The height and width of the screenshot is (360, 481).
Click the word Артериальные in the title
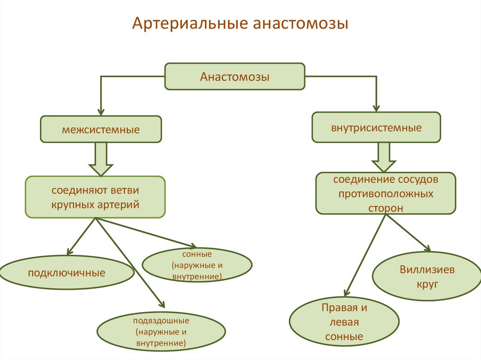[190, 24]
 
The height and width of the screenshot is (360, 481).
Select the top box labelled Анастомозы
[235, 76]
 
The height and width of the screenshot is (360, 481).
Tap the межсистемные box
[101, 129]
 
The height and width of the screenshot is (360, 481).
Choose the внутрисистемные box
[376, 127]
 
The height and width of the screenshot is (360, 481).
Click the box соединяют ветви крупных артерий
[95, 197]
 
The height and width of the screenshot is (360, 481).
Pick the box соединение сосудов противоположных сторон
[386, 193]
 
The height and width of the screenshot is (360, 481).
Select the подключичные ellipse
[66, 272]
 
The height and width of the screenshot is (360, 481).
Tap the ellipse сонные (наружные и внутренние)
[197, 265]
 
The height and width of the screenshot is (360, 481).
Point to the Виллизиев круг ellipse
[427, 276]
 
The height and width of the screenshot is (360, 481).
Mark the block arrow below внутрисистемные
[384, 158]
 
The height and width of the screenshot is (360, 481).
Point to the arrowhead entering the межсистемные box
[101, 112]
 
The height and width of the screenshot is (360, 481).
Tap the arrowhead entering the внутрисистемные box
[376, 107]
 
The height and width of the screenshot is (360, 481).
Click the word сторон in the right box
[386, 208]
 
